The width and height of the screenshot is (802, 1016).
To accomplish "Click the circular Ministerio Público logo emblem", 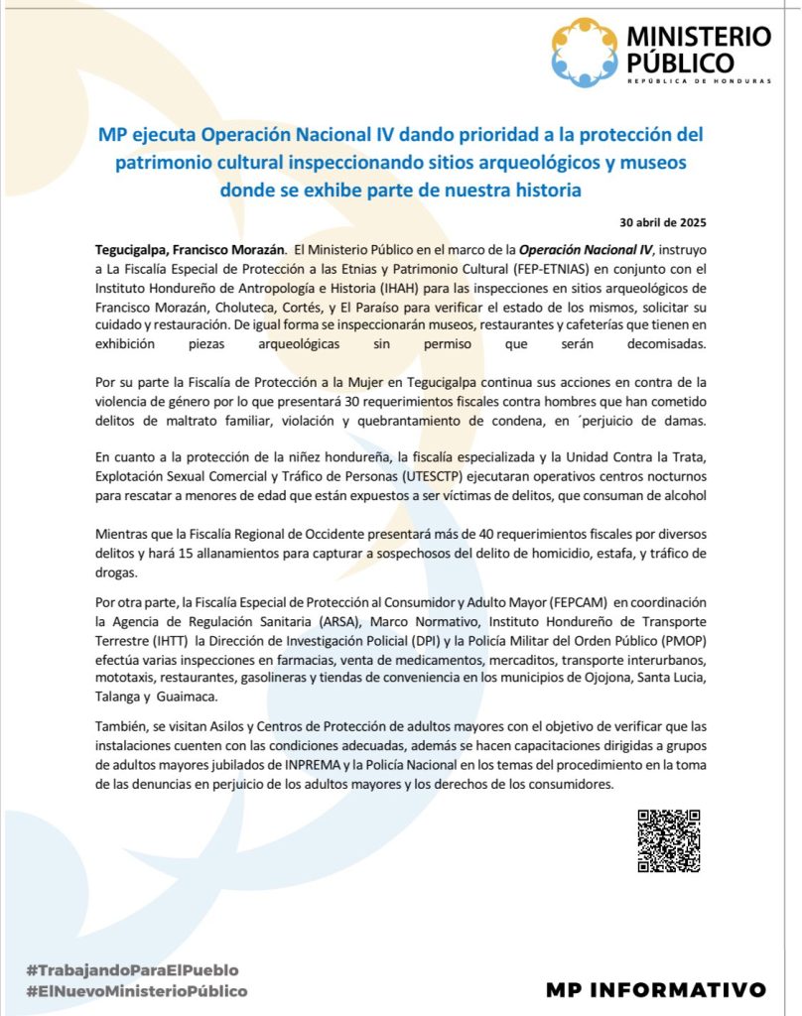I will coord(585,52).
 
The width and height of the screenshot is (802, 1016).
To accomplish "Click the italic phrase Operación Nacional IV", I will coord(586,249).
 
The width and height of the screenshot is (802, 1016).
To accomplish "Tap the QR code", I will coord(669,841).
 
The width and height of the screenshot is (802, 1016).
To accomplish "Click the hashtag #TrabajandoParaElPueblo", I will coord(133,969).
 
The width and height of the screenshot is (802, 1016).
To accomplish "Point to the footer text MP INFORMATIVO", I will coord(656,989).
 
